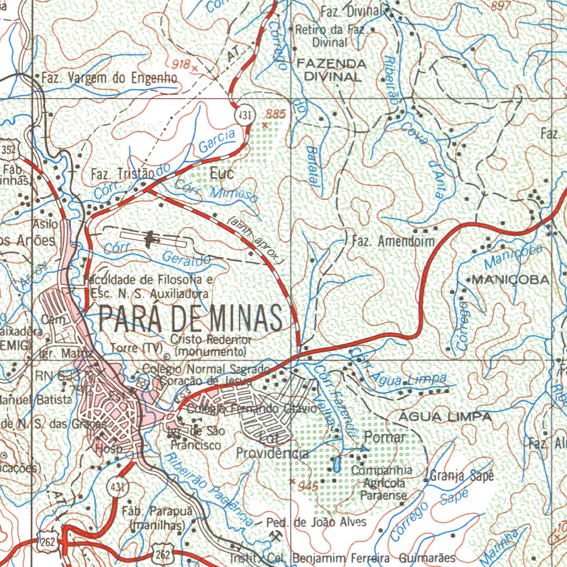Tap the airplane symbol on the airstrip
click(x=150, y=239)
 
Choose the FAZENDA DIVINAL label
click(x=331, y=70)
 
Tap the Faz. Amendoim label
click(x=393, y=241)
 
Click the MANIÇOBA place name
click(x=511, y=280)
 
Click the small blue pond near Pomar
click(x=336, y=463)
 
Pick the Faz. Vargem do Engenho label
click(x=109, y=79)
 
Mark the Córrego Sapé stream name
click(x=429, y=516)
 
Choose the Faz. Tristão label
click(x=121, y=175)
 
